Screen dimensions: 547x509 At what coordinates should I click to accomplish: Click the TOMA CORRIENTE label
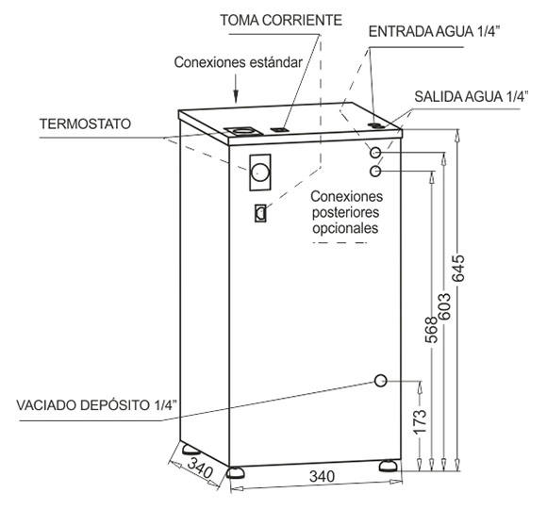click(x=281, y=20)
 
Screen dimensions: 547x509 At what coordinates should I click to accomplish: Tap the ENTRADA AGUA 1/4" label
click(x=435, y=32)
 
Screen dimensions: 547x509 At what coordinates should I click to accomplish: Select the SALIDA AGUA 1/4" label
click(x=472, y=96)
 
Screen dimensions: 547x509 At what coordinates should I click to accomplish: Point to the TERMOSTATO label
click(x=85, y=123)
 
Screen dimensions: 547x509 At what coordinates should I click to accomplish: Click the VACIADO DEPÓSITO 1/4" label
click(x=96, y=405)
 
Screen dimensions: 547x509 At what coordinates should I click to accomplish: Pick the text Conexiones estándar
click(x=239, y=62)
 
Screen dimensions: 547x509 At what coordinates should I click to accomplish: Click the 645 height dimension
click(x=458, y=268)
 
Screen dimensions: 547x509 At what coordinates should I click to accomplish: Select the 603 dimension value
click(x=444, y=306)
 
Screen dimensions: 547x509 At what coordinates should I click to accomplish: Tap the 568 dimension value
click(x=432, y=330)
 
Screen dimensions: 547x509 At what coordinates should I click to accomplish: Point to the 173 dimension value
click(x=420, y=421)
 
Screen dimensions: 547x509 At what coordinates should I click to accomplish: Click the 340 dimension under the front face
click(x=322, y=476)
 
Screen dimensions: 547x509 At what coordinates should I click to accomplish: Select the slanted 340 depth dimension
click(x=200, y=468)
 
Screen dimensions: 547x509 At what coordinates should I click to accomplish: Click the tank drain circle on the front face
click(x=381, y=381)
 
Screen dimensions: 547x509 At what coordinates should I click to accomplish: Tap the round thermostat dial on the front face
click(x=260, y=172)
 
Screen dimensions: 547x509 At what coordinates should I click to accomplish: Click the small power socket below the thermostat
click(x=260, y=213)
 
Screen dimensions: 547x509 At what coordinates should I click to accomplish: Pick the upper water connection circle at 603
click(x=375, y=153)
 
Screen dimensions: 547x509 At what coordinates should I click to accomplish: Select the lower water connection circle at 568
click(x=375, y=171)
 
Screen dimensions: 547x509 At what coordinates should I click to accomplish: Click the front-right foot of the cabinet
click(x=389, y=466)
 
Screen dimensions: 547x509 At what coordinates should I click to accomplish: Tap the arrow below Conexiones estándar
click(x=236, y=90)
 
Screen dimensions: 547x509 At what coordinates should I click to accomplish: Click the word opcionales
click(x=345, y=228)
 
